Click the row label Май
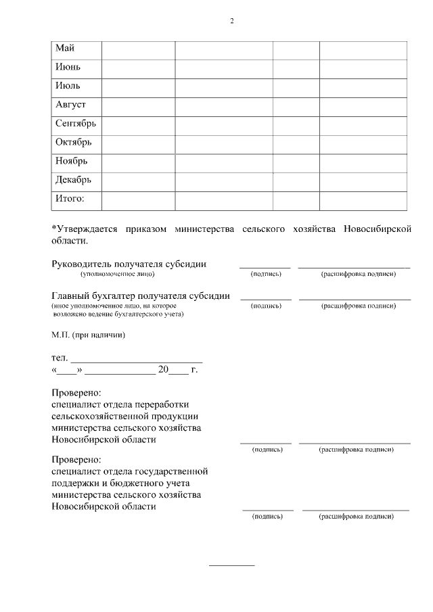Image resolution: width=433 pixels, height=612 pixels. (65, 49)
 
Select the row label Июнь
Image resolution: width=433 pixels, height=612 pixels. (68, 68)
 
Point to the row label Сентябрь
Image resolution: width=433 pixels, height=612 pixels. (76, 124)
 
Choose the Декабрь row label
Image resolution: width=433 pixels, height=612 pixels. (73, 181)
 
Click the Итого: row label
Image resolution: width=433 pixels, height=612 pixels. (70, 199)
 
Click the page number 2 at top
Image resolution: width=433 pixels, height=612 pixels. (231, 21)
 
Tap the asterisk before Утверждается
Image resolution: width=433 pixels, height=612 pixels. (54, 229)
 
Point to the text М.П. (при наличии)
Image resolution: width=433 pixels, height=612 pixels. (89, 334)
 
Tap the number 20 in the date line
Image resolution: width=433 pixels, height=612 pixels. (162, 370)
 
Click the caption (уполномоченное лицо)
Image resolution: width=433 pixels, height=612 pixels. (118, 274)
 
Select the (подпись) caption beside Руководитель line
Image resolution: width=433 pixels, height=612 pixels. (266, 274)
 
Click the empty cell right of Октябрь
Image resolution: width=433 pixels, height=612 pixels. (138, 143)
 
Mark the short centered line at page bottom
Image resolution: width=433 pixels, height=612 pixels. (231, 565)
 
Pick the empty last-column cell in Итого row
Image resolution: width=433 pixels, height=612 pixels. (363, 200)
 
